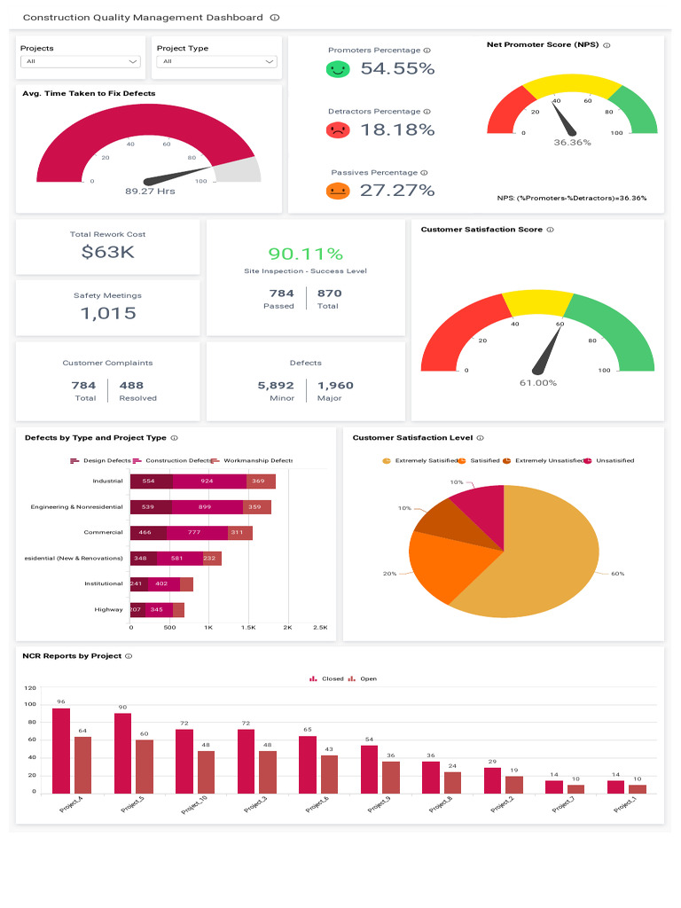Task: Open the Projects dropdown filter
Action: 80,61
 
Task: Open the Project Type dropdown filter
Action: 216,61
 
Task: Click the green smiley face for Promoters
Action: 337,68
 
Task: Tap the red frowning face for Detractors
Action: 337,129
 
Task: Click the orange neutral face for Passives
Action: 337,191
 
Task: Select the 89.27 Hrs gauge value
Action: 150,191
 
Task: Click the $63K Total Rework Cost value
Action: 107,252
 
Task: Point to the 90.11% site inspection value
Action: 305,254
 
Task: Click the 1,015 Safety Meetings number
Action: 107,313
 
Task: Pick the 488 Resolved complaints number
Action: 131,385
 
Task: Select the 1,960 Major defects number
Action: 334,385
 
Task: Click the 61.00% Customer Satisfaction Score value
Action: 537,382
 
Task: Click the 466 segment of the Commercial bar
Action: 148,533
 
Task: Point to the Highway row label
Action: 109,609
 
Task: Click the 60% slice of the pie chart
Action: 541,559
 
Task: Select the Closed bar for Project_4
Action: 61,750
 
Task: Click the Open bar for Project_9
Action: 391,777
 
